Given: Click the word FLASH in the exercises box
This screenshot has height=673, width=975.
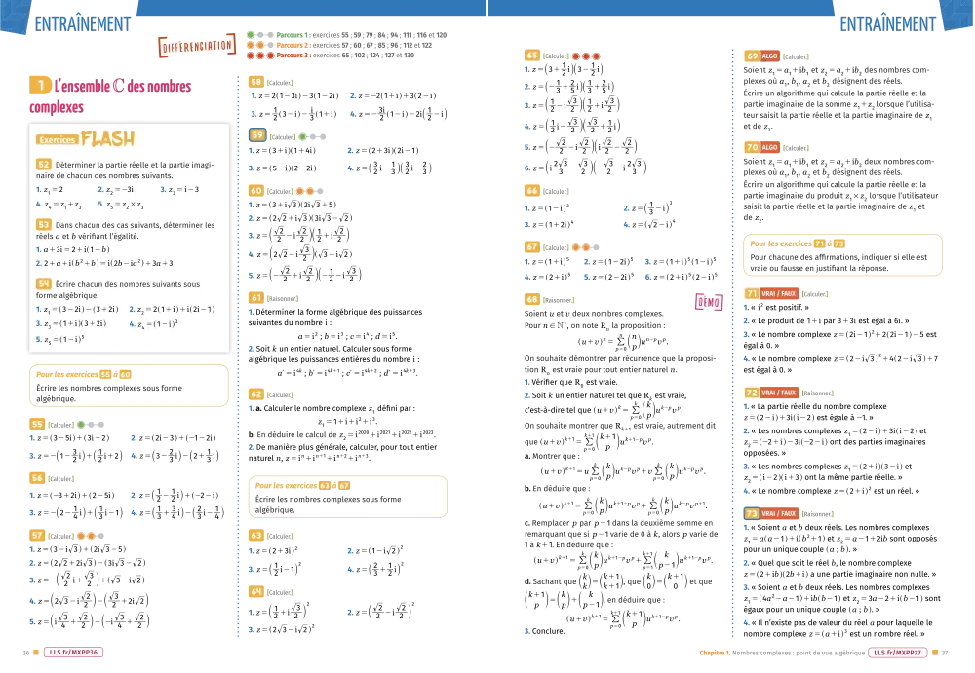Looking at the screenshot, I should coord(108,139).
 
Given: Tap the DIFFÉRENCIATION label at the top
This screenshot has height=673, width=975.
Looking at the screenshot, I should coord(196,46).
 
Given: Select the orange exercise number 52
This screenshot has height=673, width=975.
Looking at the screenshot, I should coord(44,164).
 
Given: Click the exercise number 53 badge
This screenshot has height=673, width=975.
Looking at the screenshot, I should coord(44,224).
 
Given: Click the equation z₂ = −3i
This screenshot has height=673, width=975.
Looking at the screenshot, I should coord(115,189).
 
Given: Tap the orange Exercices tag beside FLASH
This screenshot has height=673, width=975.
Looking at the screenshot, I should coord(57,140).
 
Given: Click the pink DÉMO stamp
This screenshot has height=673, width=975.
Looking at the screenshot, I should coord(709,302).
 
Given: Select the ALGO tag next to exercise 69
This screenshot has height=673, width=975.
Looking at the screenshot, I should coord(770,56).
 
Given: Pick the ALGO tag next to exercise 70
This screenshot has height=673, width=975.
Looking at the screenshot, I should coord(770,148).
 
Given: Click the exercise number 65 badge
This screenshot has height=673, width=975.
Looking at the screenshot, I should coord(533,56).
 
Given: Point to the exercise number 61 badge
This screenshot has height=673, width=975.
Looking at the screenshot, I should coord(257,297).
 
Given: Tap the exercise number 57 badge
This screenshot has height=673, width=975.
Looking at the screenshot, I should coord(37,536).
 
